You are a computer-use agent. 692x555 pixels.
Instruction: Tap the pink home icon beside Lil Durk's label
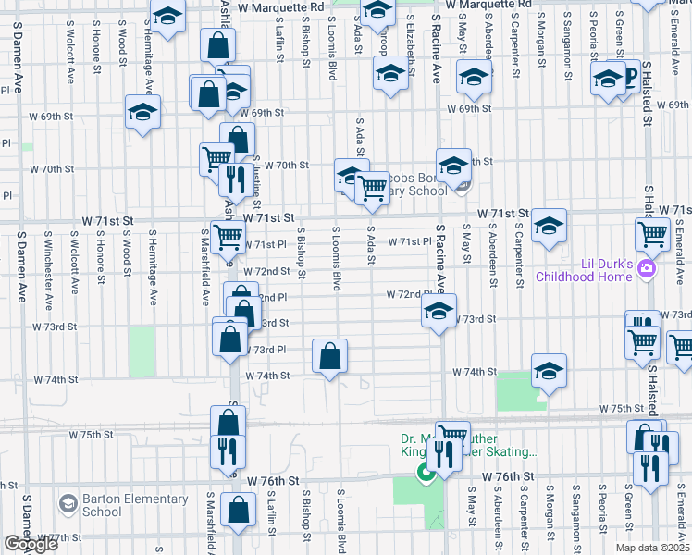(x=647, y=269)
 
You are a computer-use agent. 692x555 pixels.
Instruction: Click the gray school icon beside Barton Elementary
(x=68, y=505)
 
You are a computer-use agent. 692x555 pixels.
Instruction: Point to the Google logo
(x=31, y=544)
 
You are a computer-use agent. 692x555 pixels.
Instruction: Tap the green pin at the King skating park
(x=426, y=475)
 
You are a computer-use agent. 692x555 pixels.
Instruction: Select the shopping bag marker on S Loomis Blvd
(x=330, y=356)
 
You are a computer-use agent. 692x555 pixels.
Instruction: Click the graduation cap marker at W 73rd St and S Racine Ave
(x=439, y=310)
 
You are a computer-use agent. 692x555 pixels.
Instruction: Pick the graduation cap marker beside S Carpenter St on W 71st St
(x=549, y=227)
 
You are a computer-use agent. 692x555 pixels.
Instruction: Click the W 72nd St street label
(x=267, y=271)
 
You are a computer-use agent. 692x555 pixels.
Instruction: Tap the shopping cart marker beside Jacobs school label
(x=372, y=187)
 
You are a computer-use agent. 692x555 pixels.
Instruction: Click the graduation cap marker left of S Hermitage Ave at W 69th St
(x=143, y=113)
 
